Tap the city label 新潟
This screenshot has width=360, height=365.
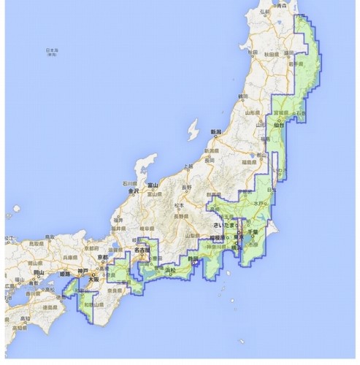pyautogui.click(x=216, y=132)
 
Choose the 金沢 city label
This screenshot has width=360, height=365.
pyautogui.click(x=134, y=191)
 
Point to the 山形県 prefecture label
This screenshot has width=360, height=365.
pyautogui.click(x=252, y=114)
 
